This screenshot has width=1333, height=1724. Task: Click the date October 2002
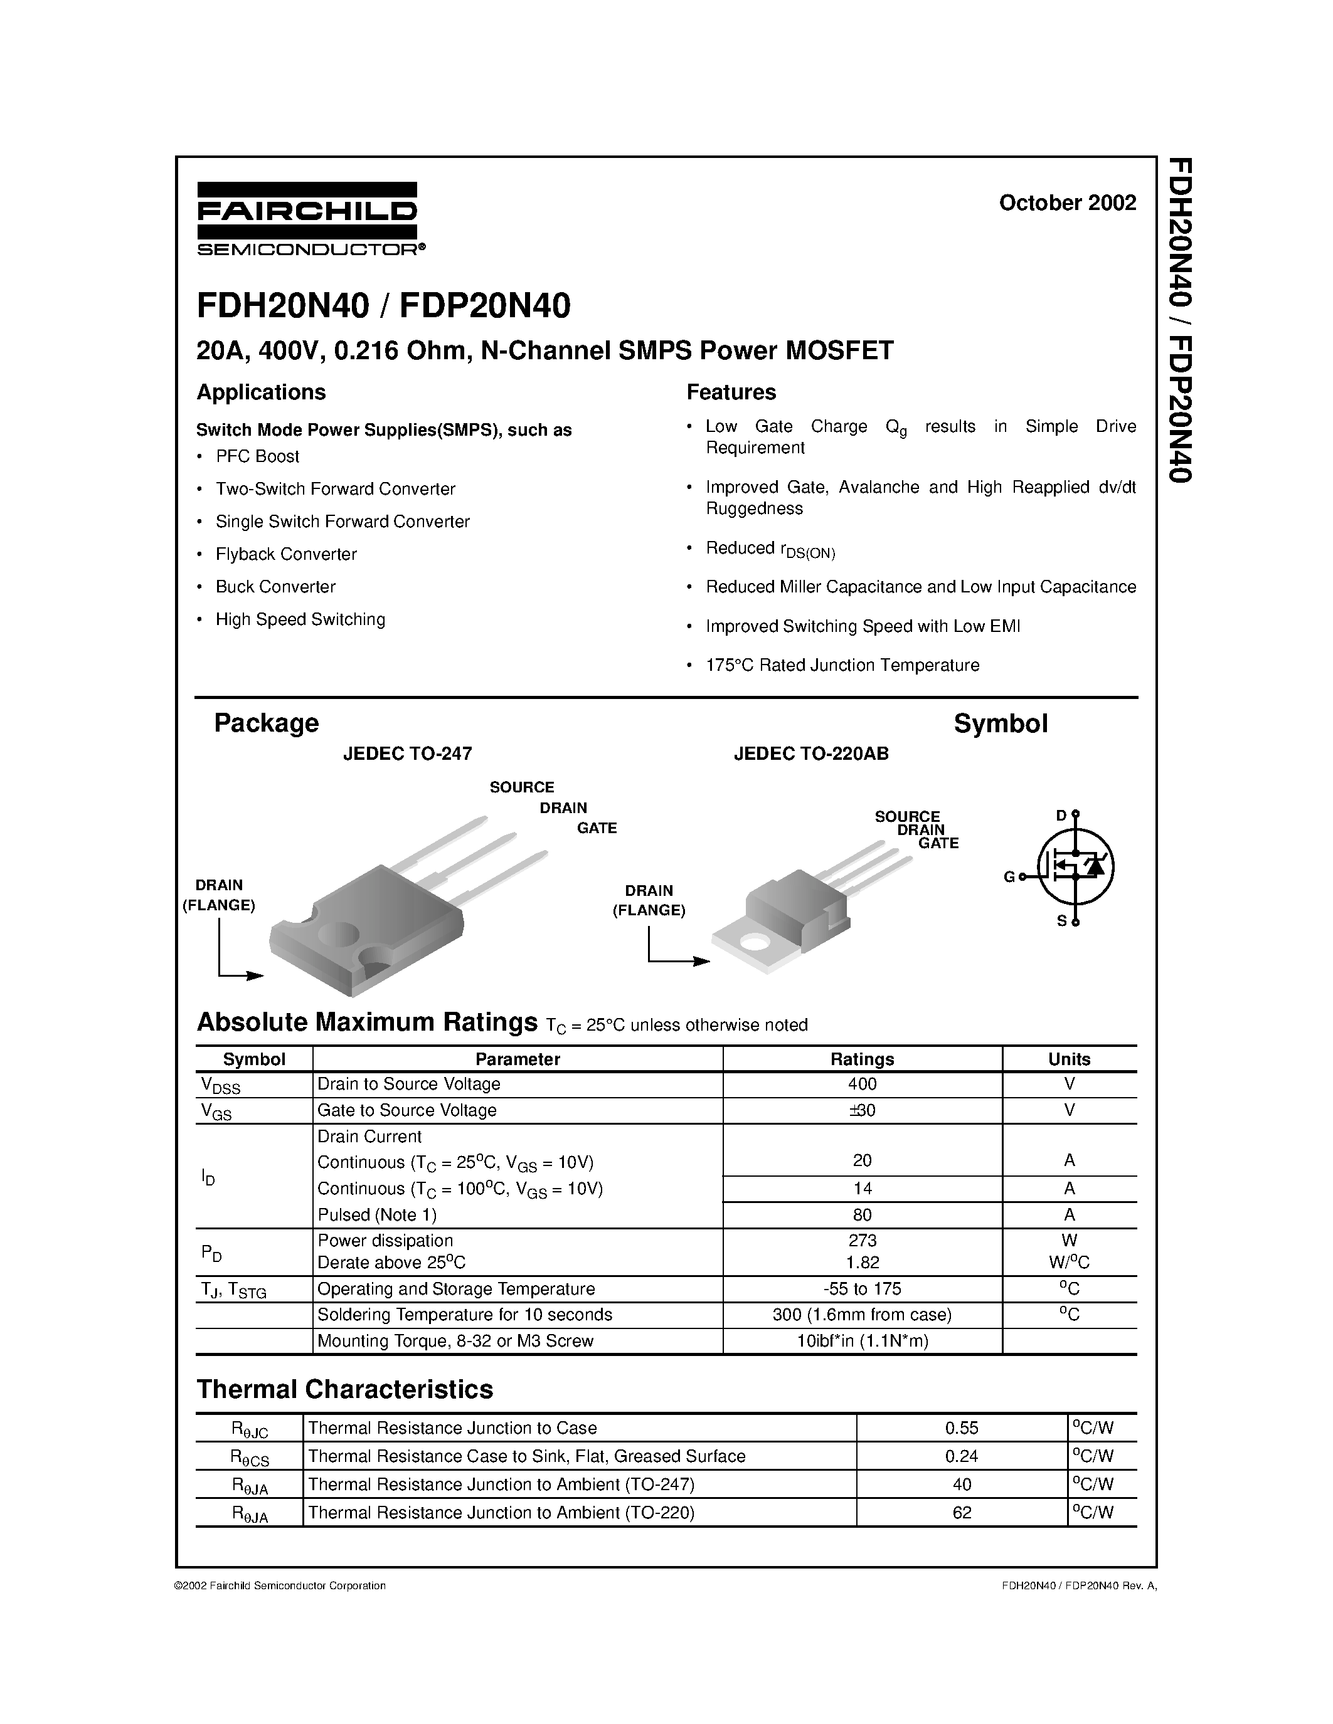point(1067,203)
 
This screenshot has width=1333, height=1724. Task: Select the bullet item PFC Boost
point(257,456)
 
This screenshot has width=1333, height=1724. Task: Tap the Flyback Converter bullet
point(286,554)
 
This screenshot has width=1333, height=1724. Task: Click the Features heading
point(730,392)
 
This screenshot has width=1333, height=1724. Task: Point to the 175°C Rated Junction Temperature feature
point(842,665)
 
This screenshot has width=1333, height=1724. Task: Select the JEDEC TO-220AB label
point(810,754)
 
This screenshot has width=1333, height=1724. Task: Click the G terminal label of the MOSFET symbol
point(1009,877)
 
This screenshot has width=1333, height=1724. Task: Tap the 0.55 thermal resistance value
point(961,1428)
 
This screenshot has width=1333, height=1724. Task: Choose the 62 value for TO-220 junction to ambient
point(961,1513)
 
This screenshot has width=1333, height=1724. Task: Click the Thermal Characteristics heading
point(344,1389)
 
